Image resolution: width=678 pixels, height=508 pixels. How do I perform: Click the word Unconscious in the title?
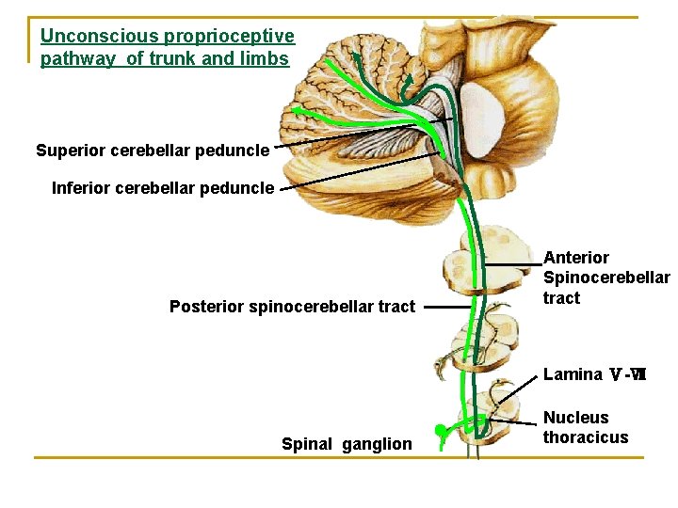(x=100, y=37)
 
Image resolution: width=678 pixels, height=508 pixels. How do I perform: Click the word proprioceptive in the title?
(x=229, y=37)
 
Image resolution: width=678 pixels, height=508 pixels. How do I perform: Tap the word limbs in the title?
(x=265, y=58)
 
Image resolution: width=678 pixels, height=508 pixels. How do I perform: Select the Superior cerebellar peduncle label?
(x=153, y=151)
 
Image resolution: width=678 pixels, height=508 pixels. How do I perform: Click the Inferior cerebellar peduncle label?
(x=163, y=188)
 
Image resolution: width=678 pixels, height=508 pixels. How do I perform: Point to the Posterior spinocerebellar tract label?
(x=292, y=307)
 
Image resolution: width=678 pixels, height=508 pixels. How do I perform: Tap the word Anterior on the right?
(x=576, y=258)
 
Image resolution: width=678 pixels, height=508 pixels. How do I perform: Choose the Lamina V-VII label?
(x=594, y=374)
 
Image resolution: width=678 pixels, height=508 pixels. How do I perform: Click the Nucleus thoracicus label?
(x=585, y=427)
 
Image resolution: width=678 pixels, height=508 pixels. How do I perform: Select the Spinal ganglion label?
(x=347, y=444)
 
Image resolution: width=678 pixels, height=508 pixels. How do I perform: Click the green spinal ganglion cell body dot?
(x=440, y=432)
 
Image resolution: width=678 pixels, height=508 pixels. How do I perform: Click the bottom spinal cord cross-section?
(x=482, y=417)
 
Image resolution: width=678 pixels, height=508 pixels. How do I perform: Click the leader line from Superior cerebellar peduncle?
(x=348, y=136)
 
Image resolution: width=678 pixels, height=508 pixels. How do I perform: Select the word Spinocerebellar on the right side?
(x=606, y=278)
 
